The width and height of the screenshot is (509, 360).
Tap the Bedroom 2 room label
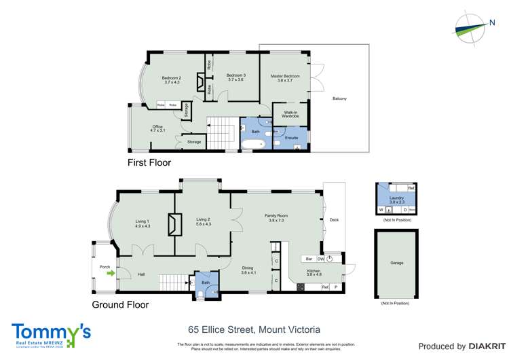(171, 80)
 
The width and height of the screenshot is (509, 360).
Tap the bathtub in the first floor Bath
(254, 145)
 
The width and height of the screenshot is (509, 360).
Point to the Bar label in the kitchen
(308, 259)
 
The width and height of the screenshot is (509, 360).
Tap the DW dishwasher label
(320, 259)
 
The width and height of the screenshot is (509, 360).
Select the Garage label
(396, 262)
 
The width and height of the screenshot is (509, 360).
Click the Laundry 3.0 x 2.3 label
(396, 200)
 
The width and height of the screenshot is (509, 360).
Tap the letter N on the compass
(492, 23)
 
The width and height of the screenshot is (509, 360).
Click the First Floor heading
(149, 163)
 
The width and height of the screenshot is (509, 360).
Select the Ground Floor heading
(119, 305)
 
